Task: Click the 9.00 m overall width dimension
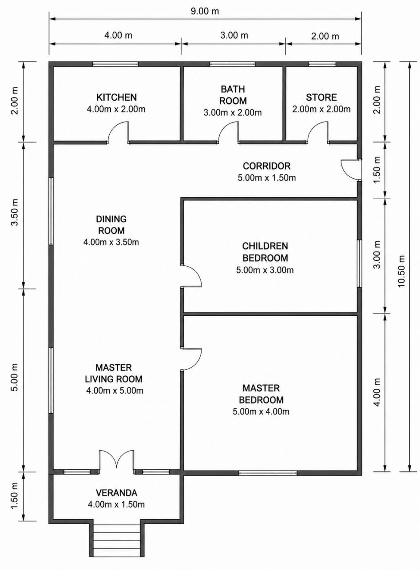click(x=205, y=12)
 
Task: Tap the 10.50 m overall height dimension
click(x=401, y=271)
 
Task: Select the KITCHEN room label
click(x=116, y=97)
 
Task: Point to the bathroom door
click(x=228, y=133)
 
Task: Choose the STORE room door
click(x=318, y=133)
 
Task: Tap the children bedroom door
click(x=191, y=276)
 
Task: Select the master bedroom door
click(x=191, y=359)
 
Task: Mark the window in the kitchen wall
click(x=115, y=64)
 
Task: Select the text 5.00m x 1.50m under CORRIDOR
click(x=267, y=178)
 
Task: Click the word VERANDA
click(x=116, y=493)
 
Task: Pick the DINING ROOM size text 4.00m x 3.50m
click(x=111, y=242)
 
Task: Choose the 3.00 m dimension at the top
click(x=234, y=35)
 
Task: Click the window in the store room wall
click(x=322, y=64)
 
